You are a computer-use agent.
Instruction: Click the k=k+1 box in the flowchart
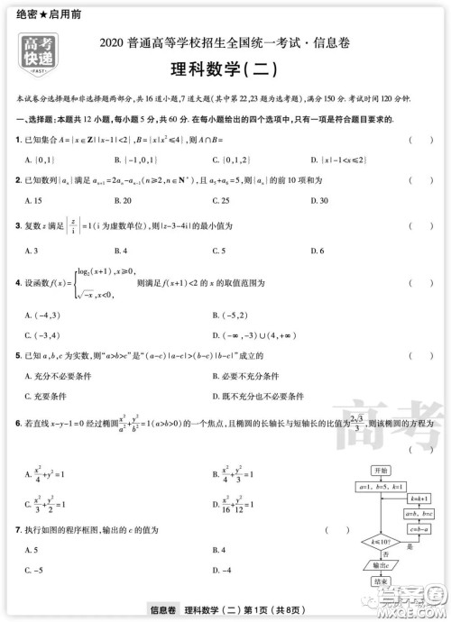click(417, 499)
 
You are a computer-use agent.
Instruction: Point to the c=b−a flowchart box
click(417, 529)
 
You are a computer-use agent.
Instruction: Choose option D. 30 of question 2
click(318, 200)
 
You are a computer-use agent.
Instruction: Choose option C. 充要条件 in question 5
click(51, 395)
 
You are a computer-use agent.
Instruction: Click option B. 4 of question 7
click(218, 549)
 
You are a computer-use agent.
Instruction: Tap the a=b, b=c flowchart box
click(417, 514)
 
